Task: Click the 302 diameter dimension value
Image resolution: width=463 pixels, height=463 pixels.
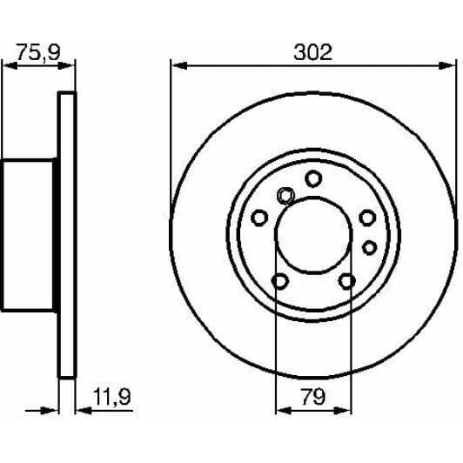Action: pyautogui.click(x=312, y=52)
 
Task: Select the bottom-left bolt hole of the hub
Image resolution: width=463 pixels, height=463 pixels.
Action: pyautogui.click(x=279, y=281)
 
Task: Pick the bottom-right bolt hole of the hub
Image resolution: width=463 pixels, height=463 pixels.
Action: pyautogui.click(x=347, y=281)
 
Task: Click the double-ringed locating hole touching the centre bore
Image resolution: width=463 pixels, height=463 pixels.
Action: pyautogui.click(x=285, y=197)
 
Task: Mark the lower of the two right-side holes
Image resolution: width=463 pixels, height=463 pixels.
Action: pyautogui.click(x=369, y=247)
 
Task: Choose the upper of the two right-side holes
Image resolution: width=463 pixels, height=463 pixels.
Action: pyautogui.click(x=367, y=218)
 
